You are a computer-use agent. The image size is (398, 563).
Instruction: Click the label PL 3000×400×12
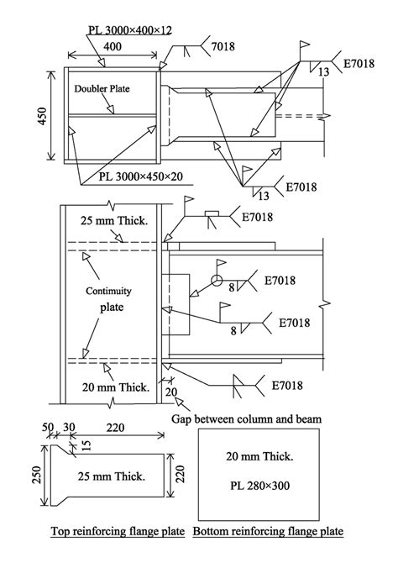(130, 30)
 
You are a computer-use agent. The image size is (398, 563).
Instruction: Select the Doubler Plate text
(102, 89)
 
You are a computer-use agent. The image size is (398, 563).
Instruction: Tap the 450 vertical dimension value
(42, 116)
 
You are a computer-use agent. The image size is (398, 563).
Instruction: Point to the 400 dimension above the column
(113, 47)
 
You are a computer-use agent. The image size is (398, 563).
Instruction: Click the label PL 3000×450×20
(141, 176)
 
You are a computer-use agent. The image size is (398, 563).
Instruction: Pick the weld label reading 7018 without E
(223, 46)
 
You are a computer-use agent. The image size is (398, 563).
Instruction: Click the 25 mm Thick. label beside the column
(114, 220)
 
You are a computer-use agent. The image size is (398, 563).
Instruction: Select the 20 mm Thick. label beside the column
(116, 387)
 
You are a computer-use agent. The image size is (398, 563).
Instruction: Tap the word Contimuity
(108, 291)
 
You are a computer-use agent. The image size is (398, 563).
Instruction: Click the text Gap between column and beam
(247, 419)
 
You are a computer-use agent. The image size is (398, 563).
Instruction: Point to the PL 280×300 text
(259, 486)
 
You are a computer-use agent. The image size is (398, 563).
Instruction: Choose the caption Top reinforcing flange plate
(118, 531)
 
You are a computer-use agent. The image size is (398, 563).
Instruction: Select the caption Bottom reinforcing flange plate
(268, 531)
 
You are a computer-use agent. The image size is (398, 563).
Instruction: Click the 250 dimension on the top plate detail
(37, 475)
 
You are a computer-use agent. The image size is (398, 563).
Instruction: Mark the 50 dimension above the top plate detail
(48, 427)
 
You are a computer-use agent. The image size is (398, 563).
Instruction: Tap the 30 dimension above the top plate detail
(69, 427)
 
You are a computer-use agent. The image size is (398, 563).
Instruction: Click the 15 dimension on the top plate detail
(86, 445)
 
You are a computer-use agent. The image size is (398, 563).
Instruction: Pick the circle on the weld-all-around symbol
(217, 280)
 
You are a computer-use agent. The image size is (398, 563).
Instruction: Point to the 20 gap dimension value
(171, 392)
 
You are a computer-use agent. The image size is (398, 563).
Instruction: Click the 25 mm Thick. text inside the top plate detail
(112, 476)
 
